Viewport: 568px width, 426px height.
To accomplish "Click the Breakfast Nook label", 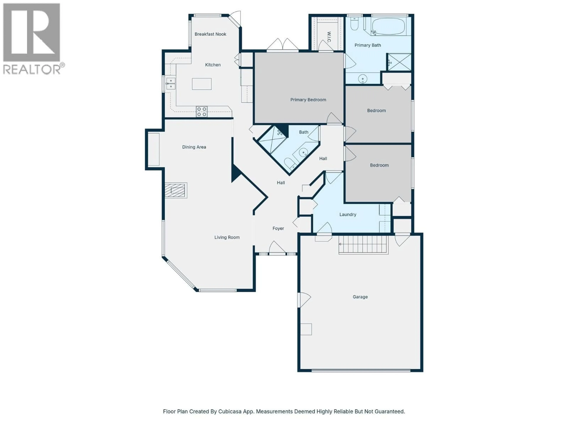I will click(210, 34).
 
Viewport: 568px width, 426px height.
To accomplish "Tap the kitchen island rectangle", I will click(202, 84).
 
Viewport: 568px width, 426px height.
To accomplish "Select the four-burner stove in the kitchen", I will click(202, 112).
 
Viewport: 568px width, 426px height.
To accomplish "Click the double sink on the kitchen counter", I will click(171, 84).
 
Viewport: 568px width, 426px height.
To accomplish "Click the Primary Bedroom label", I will click(308, 100).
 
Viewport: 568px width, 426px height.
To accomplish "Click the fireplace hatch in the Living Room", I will click(176, 190).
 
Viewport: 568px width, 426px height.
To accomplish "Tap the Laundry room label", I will click(348, 214).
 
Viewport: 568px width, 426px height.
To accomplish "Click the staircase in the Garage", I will click(363, 245).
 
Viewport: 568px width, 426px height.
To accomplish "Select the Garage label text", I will click(360, 297).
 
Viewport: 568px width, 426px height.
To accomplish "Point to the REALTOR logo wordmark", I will click(32, 69).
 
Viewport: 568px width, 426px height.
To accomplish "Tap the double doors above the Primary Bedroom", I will click(283, 46).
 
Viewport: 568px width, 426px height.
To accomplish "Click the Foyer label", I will click(278, 228).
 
